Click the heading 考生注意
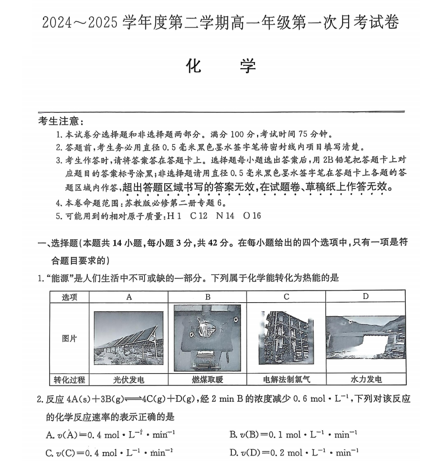pos(61,121)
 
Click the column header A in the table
pos(129,297)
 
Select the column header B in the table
pos(207,297)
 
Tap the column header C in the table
pos(286,297)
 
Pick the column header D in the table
pos(366,297)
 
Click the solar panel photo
pos(129,338)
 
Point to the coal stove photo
pos(207,338)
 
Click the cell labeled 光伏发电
pos(129,379)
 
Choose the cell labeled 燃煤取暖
pos(207,379)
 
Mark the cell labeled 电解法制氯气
pos(286,379)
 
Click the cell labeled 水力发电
pos(366,379)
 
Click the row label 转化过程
pos(69,379)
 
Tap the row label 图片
pos(69,339)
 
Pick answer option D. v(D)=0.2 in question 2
pos(293,452)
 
